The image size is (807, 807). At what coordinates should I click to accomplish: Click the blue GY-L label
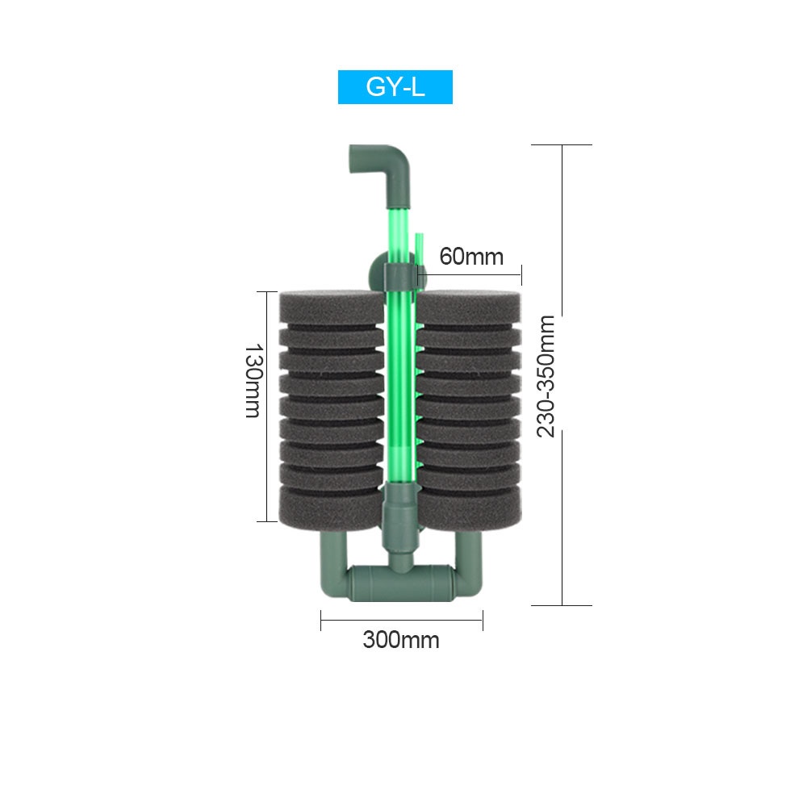(395, 87)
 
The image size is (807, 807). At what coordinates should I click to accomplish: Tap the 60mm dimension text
(471, 257)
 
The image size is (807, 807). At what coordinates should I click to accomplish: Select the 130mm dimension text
(253, 381)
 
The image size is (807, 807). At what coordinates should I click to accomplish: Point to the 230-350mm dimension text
(546, 376)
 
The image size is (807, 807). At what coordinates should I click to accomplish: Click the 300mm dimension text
(401, 640)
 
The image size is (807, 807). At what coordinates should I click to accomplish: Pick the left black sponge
(332, 409)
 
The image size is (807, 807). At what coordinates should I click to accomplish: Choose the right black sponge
(469, 409)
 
